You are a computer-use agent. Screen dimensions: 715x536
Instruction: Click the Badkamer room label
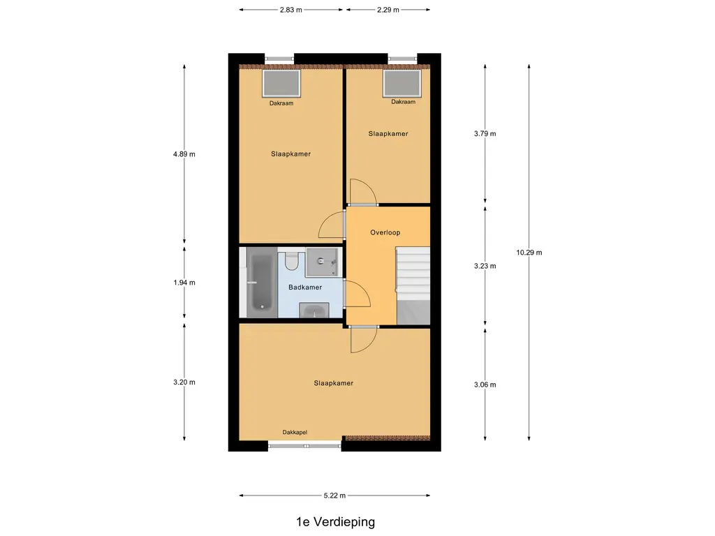click(x=305, y=287)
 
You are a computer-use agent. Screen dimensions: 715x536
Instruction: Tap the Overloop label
click(x=385, y=232)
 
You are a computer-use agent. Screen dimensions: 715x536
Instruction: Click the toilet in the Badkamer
click(x=291, y=260)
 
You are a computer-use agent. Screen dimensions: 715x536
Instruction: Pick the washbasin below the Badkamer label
click(x=314, y=311)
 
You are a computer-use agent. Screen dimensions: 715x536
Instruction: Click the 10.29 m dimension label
click(x=529, y=253)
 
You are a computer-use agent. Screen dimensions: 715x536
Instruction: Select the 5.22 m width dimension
click(x=334, y=496)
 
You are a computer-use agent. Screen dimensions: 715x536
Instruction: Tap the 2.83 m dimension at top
click(x=291, y=10)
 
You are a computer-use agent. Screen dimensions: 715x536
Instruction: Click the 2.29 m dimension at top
click(x=388, y=10)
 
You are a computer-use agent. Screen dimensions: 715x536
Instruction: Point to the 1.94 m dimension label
click(x=184, y=283)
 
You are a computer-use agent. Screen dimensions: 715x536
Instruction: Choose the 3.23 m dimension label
click(x=485, y=266)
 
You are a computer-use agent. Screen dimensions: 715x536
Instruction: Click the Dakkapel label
click(x=295, y=432)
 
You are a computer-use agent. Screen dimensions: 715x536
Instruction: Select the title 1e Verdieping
click(x=336, y=522)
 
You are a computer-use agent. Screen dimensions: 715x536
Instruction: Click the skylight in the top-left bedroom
click(x=281, y=83)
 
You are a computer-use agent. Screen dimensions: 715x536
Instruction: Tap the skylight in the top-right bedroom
click(x=402, y=83)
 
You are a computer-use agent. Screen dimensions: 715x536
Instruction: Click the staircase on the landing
click(x=413, y=285)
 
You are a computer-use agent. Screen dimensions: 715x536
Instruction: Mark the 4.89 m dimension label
click(x=184, y=154)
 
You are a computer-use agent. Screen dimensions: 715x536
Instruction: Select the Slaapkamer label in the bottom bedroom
click(x=333, y=383)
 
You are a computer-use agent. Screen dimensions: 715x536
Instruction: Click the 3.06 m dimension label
click(x=485, y=385)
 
